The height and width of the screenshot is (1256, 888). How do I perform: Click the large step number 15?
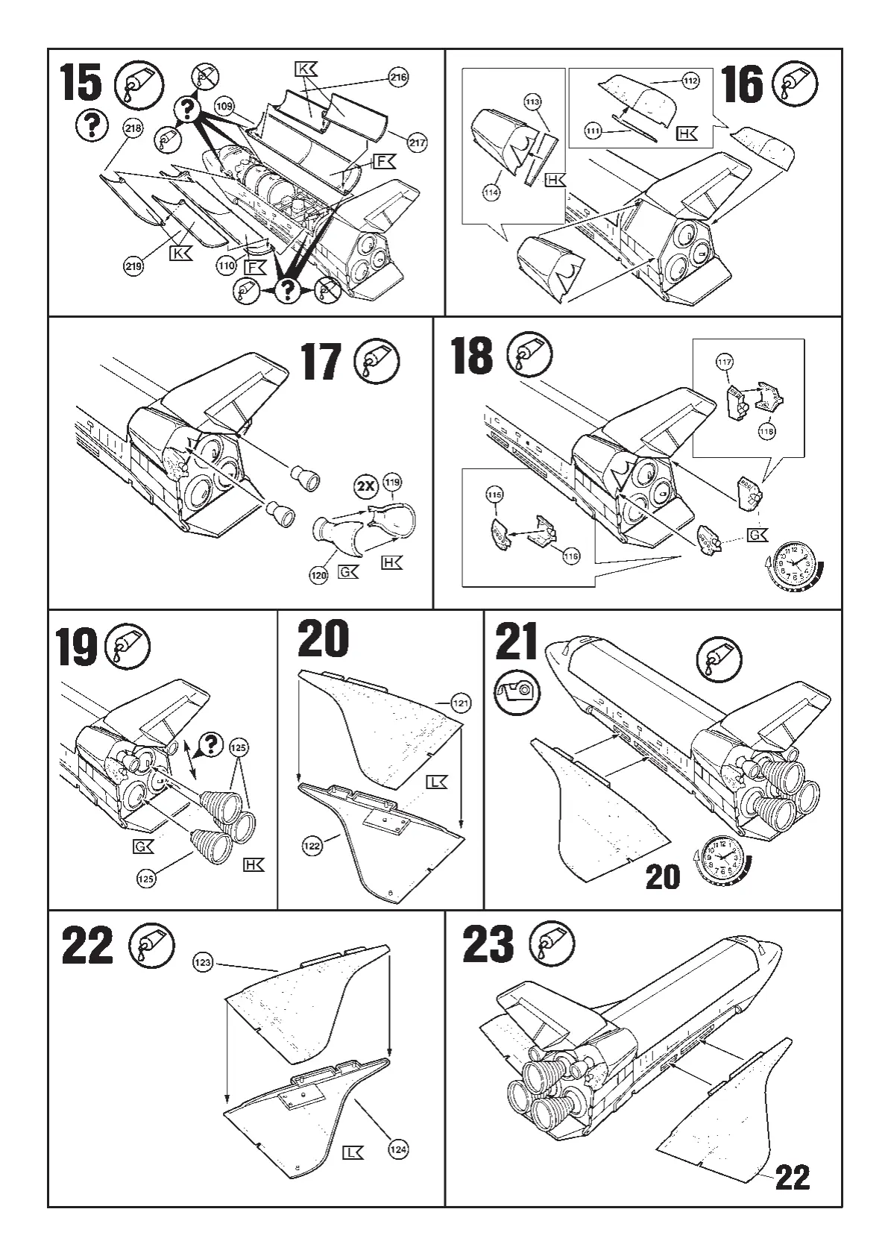pyautogui.click(x=81, y=83)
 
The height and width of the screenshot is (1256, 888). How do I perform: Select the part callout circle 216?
pyautogui.click(x=399, y=77)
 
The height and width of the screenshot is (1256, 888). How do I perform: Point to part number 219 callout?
pyautogui.click(x=133, y=266)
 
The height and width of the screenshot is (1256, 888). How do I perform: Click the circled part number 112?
pyautogui.click(x=690, y=81)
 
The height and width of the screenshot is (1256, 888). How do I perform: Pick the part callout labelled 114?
pyautogui.click(x=491, y=192)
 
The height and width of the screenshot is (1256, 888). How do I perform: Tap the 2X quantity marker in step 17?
pyautogui.click(x=365, y=486)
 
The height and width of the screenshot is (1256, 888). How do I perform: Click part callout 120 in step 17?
pyautogui.click(x=318, y=575)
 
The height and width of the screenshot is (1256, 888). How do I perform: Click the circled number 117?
pyautogui.click(x=724, y=362)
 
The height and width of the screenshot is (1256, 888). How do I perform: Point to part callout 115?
pyautogui.click(x=494, y=494)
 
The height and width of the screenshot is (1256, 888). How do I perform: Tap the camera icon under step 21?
pyautogui.click(x=517, y=691)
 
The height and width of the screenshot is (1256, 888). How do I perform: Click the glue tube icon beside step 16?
pyautogui.click(x=795, y=83)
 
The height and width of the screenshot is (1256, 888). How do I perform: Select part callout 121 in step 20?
pyautogui.click(x=462, y=703)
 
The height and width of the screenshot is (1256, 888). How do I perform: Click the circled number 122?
pyautogui.click(x=312, y=846)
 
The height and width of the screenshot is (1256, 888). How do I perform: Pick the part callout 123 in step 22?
pyautogui.click(x=203, y=962)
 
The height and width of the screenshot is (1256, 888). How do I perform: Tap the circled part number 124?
pyautogui.click(x=398, y=1149)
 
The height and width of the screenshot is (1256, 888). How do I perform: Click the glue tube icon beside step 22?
pyautogui.click(x=151, y=945)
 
